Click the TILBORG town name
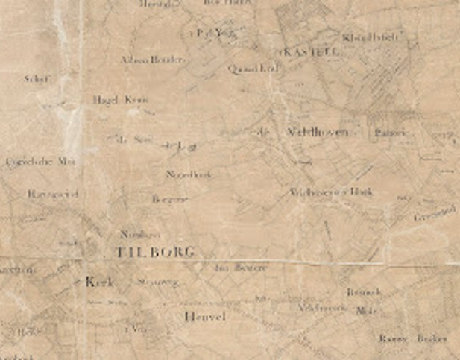[x=154, y=252]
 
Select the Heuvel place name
[x=203, y=317]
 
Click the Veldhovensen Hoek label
[x=330, y=192]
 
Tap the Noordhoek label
[x=189, y=174]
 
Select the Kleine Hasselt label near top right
[x=372, y=36]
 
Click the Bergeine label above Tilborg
[x=168, y=200]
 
